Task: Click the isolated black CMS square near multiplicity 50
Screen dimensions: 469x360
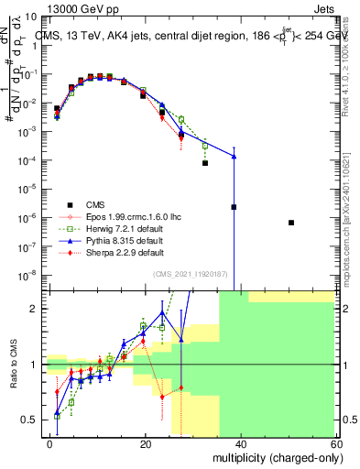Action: pos(290,223)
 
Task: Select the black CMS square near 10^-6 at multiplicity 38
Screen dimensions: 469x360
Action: pos(234,207)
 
